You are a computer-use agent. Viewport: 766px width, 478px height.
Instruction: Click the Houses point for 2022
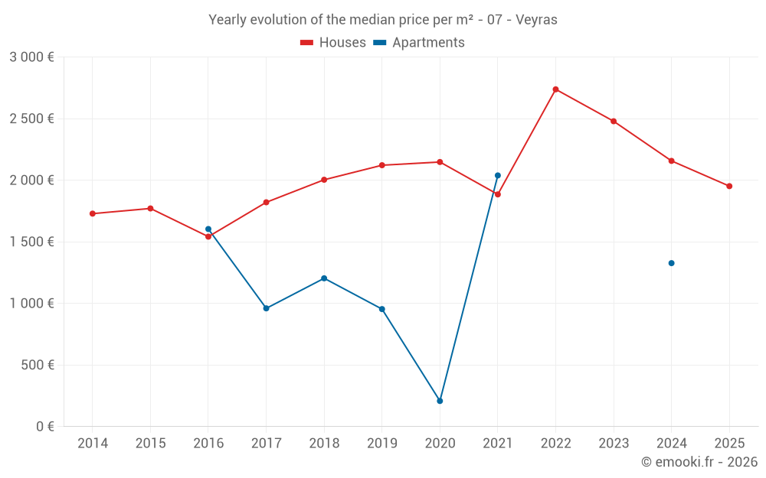point(555,89)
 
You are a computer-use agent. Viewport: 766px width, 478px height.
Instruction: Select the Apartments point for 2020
point(440,401)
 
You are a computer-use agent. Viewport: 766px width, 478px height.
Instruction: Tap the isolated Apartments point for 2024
point(671,263)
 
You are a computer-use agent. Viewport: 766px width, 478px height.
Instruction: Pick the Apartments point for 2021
point(498,176)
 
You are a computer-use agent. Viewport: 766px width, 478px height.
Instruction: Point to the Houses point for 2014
point(93,213)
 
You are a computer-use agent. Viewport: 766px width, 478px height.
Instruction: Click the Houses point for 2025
point(729,186)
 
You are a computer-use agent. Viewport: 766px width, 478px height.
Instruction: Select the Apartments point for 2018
point(324,278)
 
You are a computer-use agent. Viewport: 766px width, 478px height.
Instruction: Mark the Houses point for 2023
point(614,121)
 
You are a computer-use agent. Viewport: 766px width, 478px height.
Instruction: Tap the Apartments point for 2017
point(266,308)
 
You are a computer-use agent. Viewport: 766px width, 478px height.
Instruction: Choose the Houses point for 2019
point(382,165)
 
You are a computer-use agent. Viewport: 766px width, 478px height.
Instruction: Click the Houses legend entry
point(333,43)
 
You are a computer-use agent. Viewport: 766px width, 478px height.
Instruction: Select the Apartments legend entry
point(420,43)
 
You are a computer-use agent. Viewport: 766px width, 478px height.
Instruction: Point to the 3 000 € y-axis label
point(31,57)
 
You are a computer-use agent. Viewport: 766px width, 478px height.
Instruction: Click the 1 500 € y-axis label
point(31,242)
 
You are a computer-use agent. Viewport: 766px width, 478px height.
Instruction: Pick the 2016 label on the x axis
point(208,443)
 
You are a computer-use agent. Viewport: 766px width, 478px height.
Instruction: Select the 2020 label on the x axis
point(440,443)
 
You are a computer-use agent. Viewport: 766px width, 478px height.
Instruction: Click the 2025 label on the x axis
point(729,443)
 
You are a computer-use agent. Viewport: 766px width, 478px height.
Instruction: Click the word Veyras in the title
point(536,20)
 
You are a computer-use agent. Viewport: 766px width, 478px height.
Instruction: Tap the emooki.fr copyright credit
point(699,462)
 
